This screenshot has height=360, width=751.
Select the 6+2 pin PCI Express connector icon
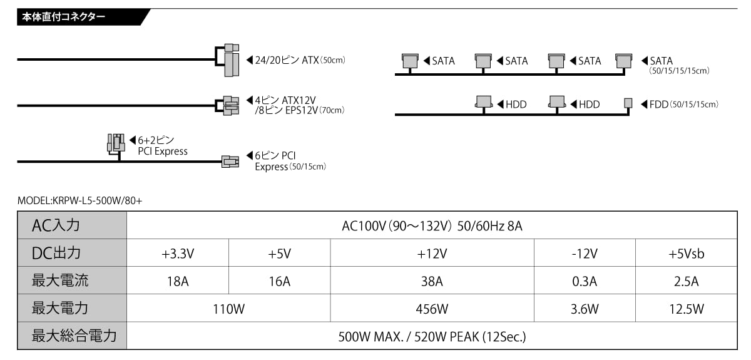[x=116, y=142]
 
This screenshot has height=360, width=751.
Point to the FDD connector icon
[x=628, y=103]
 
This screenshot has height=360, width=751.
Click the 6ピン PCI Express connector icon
[x=230, y=162]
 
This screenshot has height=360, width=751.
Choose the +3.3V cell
[x=178, y=254]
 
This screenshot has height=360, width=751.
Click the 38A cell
[x=432, y=281]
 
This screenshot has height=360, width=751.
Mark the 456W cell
[x=432, y=309]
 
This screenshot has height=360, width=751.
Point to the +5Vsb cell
[x=686, y=254]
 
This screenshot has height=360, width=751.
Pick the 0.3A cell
[x=585, y=281]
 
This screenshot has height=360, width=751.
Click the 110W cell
[x=228, y=309]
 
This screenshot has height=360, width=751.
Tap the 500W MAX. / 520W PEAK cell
[x=432, y=336]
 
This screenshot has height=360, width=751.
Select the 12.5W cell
[x=686, y=309]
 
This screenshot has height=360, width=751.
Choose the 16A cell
[x=279, y=281]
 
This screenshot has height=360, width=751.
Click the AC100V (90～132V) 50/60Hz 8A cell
[x=432, y=225]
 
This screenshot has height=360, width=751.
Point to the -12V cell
[x=585, y=254]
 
